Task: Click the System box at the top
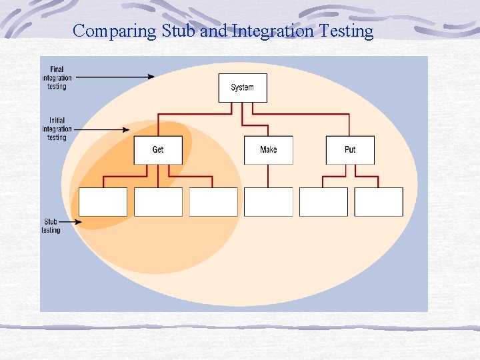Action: click(243, 87)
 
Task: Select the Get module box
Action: click(158, 150)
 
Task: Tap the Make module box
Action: click(268, 150)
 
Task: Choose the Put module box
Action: click(350, 150)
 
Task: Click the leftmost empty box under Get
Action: click(103, 202)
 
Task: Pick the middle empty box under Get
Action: click(158, 202)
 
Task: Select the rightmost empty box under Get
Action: click(213, 202)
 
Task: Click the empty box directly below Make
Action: click(268, 202)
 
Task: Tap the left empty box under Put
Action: click(323, 202)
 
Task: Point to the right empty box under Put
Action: click(379, 202)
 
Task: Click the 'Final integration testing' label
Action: click(57, 77)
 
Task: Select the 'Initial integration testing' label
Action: click(57, 129)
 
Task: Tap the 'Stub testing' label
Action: click(51, 226)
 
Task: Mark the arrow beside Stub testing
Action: click(70, 223)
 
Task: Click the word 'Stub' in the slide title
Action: click(179, 31)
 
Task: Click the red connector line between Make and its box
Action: click(268, 176)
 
